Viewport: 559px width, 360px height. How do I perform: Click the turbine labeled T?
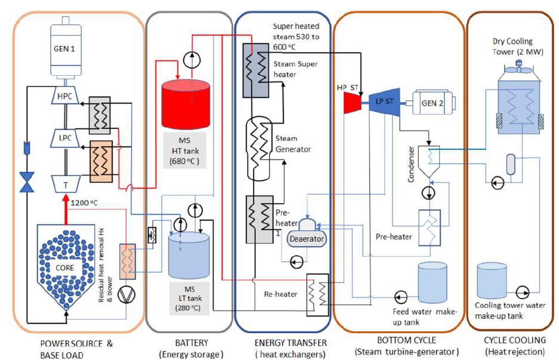click(x=65, y=183)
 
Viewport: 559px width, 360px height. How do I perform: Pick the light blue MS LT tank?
click(x=189, y=260)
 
